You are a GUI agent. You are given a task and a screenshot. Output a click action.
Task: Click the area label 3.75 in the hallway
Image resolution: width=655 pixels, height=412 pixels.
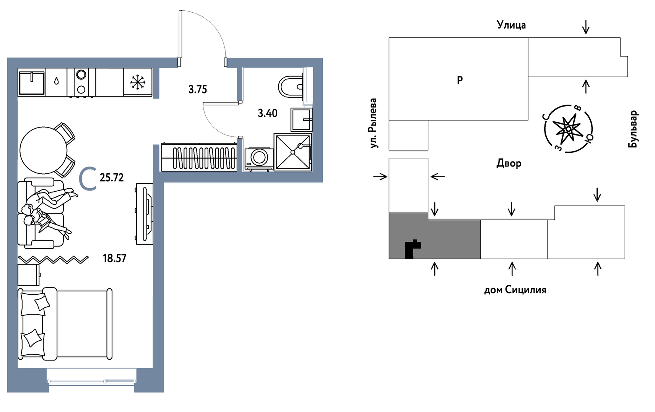(x=197, y=89)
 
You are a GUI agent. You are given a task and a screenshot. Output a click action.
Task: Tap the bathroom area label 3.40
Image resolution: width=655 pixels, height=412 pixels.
(x=267, y=113)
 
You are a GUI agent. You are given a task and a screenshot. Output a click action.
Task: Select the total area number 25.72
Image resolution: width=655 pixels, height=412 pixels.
(x=112, y=178)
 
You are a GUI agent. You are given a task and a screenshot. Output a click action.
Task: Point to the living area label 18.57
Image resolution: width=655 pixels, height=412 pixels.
(x=114, y=259)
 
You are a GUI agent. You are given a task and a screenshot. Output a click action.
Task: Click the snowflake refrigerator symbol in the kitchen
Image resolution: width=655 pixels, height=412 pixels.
(x=138, y=82)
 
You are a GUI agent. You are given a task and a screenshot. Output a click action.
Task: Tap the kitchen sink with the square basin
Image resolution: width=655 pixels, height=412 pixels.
(x=32, y=82)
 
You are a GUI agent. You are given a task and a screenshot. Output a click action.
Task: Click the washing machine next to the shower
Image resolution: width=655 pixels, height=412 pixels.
(x=259, y=158)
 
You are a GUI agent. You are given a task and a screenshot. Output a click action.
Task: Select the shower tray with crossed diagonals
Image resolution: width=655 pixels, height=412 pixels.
(x=293, y=152)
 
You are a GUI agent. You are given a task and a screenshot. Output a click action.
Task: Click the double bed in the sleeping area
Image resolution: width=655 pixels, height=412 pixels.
(x=65, y=324)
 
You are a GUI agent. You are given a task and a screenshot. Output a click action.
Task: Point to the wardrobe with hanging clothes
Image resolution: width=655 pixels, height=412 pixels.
(x=199, y=157)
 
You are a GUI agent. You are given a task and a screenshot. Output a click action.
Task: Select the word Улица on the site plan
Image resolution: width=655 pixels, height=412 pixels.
(x=511, y=25)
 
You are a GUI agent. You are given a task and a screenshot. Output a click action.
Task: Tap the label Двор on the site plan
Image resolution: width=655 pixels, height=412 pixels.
(x=509, y=163)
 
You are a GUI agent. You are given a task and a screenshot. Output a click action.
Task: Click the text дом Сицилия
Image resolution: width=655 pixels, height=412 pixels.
(x=515, y=290)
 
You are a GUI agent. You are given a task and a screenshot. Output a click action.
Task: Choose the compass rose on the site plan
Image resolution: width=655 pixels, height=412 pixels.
(x=568, y=129)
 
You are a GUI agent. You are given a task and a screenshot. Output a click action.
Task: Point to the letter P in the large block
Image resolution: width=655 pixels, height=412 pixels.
(x=460, y=80)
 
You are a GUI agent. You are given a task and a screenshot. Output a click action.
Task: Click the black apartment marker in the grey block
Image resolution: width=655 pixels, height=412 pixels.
(x=411, y=249)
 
